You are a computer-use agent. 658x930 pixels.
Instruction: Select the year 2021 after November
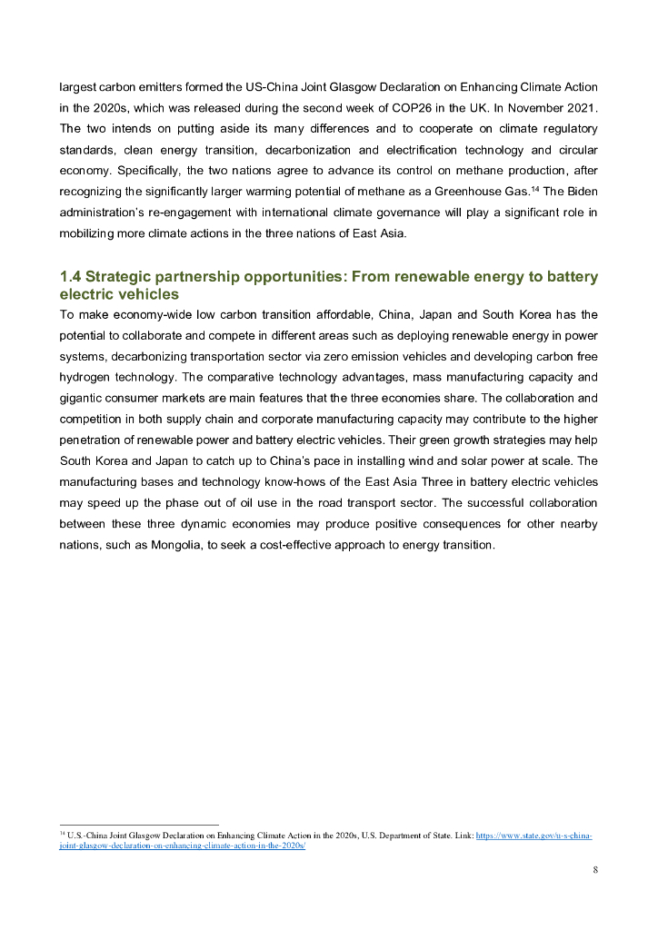pos(582,107)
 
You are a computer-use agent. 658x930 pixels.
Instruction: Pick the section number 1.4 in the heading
pos(70,276)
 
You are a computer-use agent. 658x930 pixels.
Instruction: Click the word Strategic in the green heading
pos(118,276)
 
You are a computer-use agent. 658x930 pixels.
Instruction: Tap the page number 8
pos(595,870)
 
